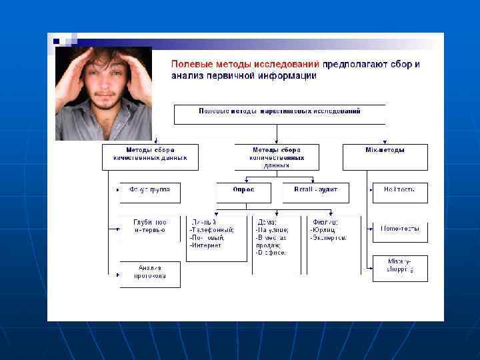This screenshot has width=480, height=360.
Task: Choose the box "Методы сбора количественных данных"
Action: [x=276, y=157]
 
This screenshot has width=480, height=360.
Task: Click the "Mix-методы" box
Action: [x=385, y=151]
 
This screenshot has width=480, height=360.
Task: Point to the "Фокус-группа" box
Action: [x=149, y=190]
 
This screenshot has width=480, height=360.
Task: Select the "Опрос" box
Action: [x=243, y=190]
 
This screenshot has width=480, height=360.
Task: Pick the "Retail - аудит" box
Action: [x=315, y=190]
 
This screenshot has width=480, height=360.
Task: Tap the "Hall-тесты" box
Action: [x=399, y=190]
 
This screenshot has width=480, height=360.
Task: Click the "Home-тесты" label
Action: [x=399, y=229]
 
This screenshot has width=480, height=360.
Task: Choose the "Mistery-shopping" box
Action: [x=399, y=266]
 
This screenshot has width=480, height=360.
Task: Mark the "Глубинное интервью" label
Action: [x=149, y=226]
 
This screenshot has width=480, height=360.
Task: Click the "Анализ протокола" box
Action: [x=149, y=271]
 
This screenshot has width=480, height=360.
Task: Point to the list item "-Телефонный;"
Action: [x=212, y=230]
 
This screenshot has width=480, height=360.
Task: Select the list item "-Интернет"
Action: [x=206, y=245]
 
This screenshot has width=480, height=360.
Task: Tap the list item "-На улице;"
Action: [x=272, y=230]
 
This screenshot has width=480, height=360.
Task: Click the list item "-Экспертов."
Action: [x=328, y=238]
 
